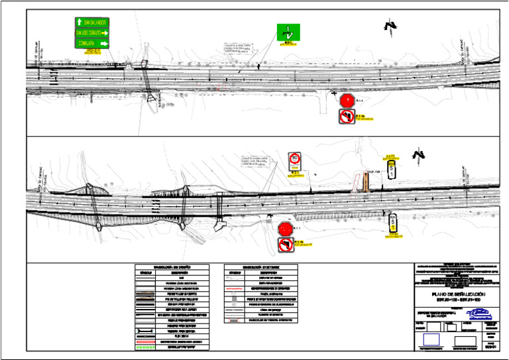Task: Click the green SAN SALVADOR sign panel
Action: tap(92, 22)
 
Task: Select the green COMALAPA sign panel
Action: tap(92, 42)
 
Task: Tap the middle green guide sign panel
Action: tap(92, 32)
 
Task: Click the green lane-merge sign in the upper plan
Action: tap(288, 32)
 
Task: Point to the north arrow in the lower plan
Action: tap(418, 156)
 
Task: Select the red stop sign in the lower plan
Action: tap(286, 229)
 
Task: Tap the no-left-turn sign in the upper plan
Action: tap(347, 117)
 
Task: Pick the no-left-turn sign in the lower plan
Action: tap(286, 245)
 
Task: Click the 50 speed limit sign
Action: tap(296, 160)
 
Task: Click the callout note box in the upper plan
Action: tap(237, 48)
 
